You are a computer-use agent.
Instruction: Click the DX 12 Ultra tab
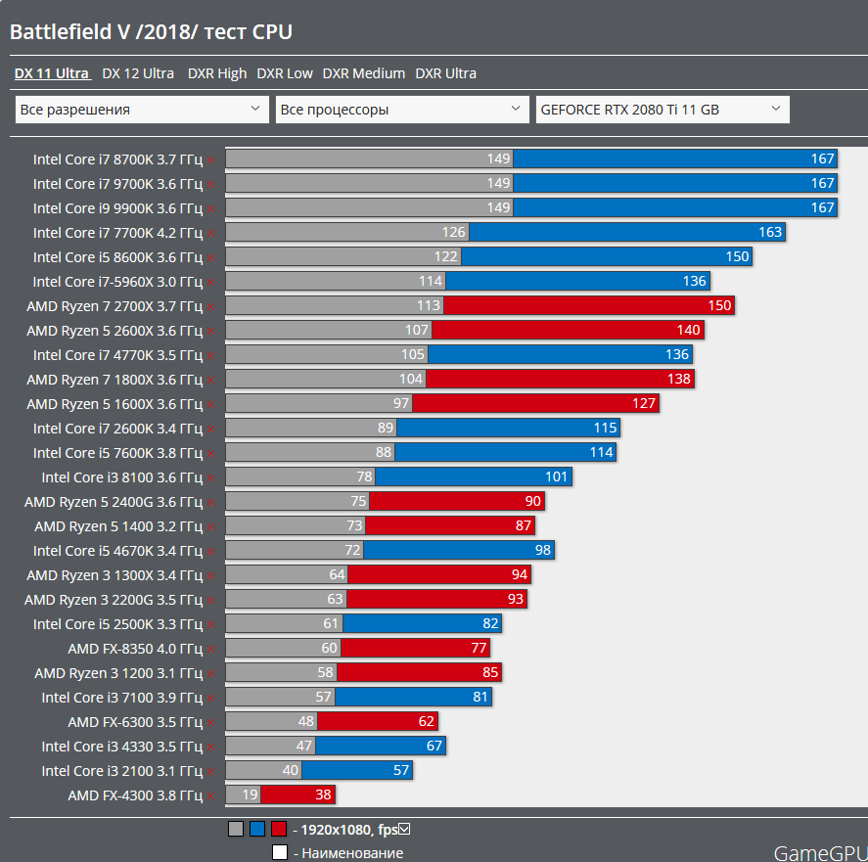[138, 73]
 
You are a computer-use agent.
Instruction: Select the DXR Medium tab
[363, 73]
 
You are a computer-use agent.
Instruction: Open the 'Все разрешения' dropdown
[142, 110]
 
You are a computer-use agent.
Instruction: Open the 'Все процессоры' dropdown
[402, 110]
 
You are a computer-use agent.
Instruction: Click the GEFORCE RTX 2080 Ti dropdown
[662, 110]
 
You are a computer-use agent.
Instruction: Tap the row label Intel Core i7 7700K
[117, 232]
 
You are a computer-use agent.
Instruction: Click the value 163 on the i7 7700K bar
[770, 232]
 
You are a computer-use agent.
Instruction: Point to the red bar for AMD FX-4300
[310, 795]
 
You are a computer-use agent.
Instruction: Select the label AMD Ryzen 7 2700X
[114, 305]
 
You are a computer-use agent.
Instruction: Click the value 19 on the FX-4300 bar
[251, 795]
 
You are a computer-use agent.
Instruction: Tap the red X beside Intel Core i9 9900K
[211, 208]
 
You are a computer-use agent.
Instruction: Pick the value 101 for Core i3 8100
[556, 477]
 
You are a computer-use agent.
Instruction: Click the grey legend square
[236, 830]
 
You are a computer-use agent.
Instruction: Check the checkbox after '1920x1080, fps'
[404, 830]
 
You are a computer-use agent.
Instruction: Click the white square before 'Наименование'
[280, 852]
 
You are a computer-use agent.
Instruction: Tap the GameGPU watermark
[820, 852]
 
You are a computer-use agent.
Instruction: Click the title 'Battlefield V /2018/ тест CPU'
[151, 32]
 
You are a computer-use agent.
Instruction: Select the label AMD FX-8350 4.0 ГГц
[135, 648]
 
